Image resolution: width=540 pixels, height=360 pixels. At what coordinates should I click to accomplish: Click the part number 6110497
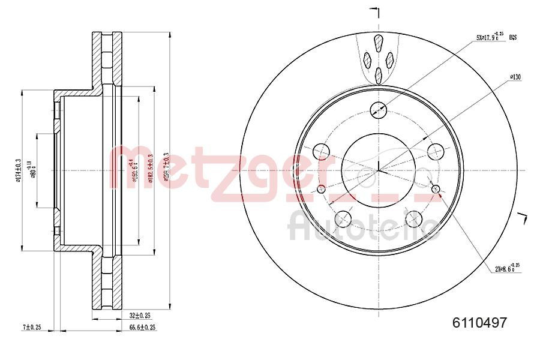479,322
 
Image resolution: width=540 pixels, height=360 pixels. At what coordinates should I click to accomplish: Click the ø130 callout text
514,77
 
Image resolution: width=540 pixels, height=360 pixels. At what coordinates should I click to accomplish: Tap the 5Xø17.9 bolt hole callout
488,37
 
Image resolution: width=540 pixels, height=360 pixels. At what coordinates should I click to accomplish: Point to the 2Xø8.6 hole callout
506,268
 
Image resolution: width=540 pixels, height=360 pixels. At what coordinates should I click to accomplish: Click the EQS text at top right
512,37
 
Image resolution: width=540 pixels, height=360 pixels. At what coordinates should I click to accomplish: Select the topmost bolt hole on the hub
379,109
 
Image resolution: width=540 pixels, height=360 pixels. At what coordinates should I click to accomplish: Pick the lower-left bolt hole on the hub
343,218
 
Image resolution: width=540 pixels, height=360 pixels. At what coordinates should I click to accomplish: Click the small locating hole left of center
321,190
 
